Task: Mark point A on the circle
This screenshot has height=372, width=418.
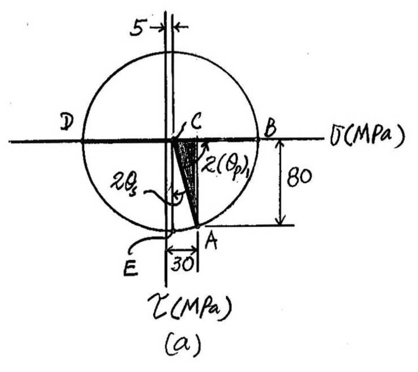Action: point(197,226)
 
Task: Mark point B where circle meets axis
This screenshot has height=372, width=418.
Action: point(258,140)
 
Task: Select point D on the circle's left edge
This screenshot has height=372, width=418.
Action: point(82,141)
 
